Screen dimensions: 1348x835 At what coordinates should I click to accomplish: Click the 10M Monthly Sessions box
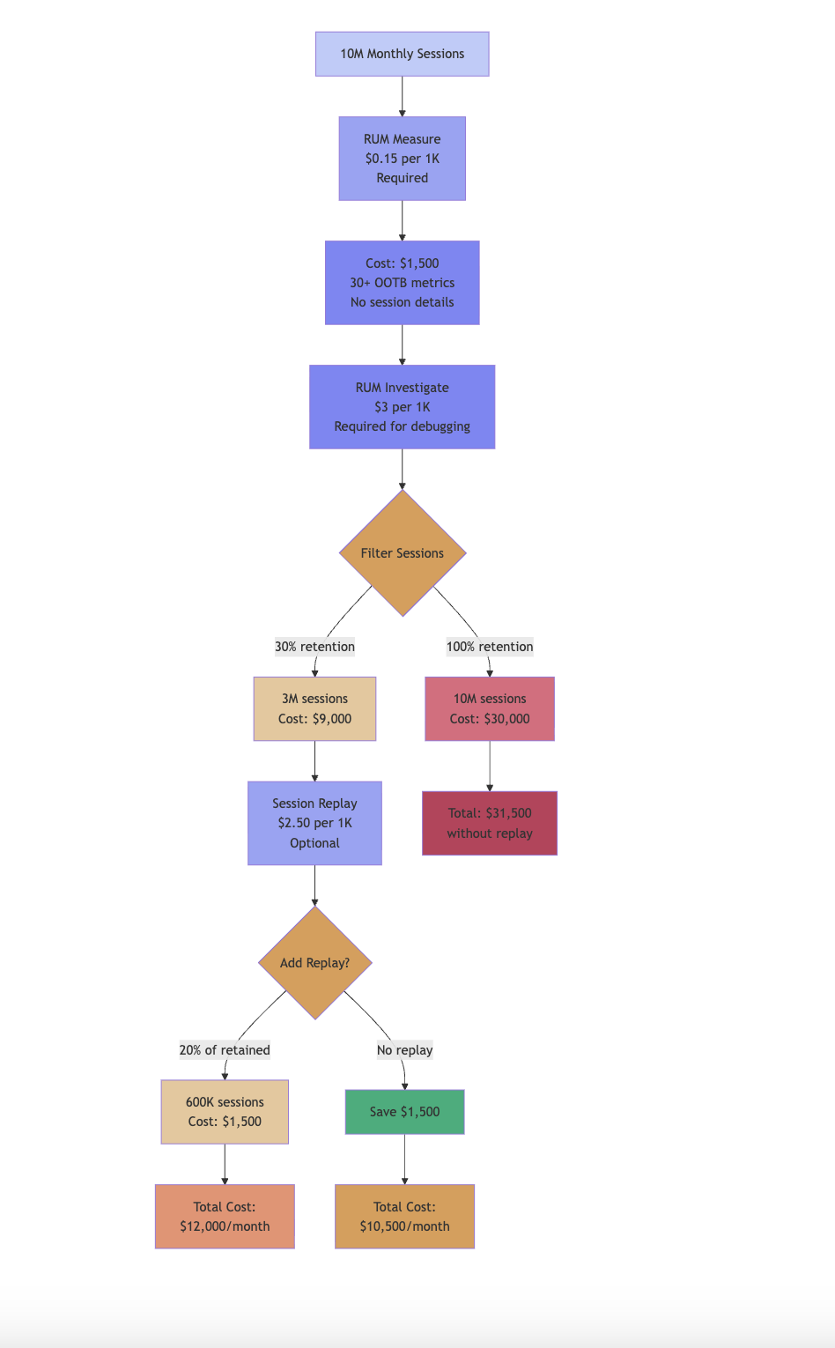pos(402,54)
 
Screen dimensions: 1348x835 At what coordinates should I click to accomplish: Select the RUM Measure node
pos(402,159)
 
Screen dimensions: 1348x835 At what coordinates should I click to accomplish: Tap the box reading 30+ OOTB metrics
pos(402,283)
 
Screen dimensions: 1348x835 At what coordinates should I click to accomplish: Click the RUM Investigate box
pos(402,407)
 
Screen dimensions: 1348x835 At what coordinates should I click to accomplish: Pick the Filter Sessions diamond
pos(402,553)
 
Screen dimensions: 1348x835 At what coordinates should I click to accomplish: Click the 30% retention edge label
pos(314,647)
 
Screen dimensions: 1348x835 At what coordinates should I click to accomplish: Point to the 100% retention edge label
pos(490,647)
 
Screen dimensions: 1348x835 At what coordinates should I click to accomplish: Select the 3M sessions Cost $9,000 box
pos(314,708)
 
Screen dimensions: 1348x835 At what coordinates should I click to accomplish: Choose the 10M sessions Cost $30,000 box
pos(490,708)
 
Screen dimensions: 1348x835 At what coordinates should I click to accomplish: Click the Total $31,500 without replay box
pos(490,823)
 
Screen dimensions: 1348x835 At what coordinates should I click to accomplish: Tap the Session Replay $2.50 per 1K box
pos(314,823)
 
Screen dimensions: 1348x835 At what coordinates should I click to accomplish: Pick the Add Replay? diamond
pos(314,963)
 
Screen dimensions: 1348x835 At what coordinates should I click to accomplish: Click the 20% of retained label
pos(225,1050)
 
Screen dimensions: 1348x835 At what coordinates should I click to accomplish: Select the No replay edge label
pos(404,1050)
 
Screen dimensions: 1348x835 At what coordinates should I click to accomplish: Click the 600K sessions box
pos(225,1112)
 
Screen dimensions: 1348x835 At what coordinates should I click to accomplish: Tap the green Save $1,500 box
pos(404,1112)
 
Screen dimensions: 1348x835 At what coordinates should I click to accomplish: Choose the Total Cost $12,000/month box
pos(225,1217)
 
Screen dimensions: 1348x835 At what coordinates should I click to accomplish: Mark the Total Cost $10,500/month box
pos(404,1217)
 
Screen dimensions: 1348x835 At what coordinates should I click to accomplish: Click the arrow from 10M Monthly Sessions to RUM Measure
pos(403,96)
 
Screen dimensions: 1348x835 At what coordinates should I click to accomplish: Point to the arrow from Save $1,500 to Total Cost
pos(404,1159)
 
